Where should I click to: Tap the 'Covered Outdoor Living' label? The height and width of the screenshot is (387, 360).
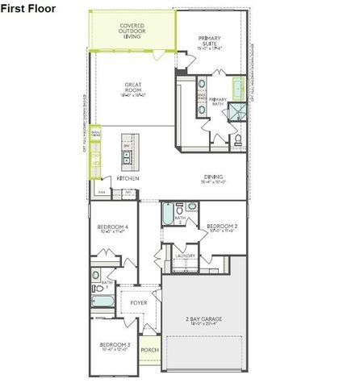point(132,31)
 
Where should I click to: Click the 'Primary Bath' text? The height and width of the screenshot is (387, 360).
point(216,100)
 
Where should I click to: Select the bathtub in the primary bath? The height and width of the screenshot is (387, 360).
point(238,88)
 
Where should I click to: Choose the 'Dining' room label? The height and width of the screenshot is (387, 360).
point(213,179)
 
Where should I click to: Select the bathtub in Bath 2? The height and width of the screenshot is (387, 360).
point(166,214)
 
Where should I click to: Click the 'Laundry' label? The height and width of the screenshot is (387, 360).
point(185,256)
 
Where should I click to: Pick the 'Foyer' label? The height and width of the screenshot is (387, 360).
point(139,302)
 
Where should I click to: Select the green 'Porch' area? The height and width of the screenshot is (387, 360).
point(149,350)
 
